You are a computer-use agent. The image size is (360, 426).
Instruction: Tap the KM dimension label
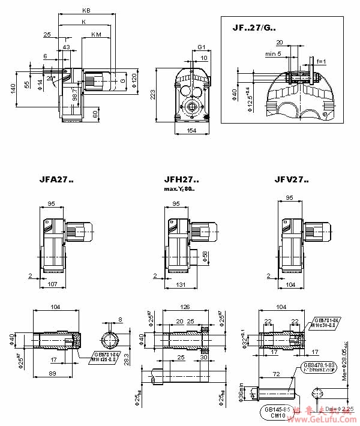click(96, 35)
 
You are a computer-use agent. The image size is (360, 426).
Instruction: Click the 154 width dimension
click(193, 131)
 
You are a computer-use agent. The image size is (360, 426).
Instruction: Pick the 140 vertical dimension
click(13, 88)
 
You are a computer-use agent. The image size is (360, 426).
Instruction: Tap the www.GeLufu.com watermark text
click(325, 419)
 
